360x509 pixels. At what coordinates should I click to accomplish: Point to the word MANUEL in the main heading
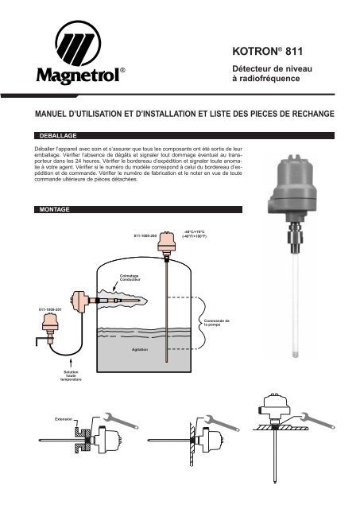[46, 115]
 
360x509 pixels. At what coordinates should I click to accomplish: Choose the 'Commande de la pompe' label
[215, 324]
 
